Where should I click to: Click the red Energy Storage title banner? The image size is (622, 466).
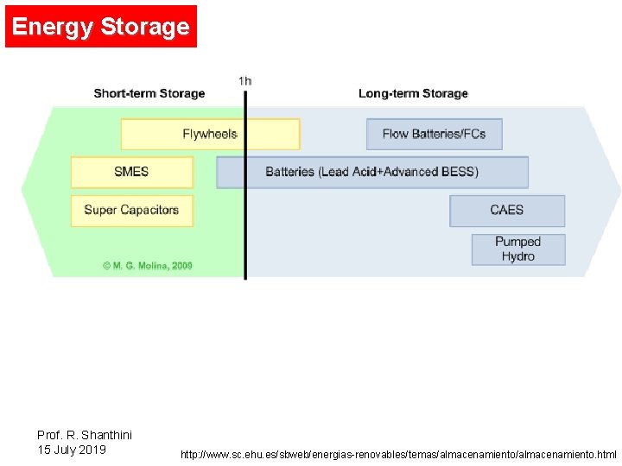[101, 27]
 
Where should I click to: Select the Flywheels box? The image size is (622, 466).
[210, 134]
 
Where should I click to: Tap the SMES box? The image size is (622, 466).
[131, 172]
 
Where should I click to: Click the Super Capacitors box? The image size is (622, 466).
[131, 210]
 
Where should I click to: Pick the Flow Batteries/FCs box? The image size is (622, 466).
[434, 134]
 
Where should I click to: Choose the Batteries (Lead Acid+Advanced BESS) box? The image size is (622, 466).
[371, 172]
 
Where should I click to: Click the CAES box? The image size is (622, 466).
[507, 210]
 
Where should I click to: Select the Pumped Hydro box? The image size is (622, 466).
[518, 249]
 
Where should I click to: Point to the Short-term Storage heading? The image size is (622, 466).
[149, 93]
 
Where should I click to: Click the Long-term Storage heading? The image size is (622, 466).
[413, 93]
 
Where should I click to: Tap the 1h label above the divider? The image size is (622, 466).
[245, 81]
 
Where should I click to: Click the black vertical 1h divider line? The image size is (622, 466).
[245, 224]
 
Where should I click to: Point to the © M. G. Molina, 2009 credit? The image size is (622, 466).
[148, 266]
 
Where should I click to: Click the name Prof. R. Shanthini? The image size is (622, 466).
[85, 435]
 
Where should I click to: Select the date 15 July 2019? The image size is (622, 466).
[72, 450]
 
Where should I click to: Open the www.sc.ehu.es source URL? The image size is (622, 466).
[398, 454]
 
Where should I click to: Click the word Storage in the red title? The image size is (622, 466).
[145, 27]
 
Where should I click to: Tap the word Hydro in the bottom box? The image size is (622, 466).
[518, 256]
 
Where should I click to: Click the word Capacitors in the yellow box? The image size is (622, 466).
[149, 210]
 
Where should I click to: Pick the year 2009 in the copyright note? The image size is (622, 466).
[181, 266]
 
